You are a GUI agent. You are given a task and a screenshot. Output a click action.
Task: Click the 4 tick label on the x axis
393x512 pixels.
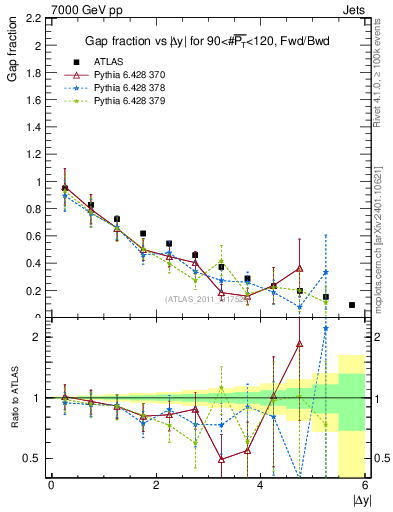pos(260,485)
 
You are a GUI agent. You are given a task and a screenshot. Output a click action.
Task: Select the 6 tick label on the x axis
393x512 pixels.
pos(365,485)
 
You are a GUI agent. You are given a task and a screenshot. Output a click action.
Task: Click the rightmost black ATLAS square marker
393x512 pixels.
pos(352,305)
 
